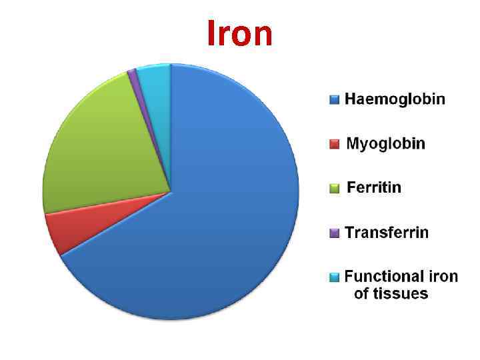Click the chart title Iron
pos(240,33)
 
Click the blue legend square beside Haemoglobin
pos(334,100)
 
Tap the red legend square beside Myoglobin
pos(334,144)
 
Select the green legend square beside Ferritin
pos(334,188)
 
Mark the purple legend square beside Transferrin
pos(334,233)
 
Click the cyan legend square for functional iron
pos(334,277)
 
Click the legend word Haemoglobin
pos(395,99)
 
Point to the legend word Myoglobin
pos(385,143)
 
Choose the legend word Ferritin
pos(374,187)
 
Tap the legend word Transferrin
pos(387,232)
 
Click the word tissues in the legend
pos(401,293)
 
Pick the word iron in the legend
pos(443,276)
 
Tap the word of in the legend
pos(362,293)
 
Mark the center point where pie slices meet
pos(171,192)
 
